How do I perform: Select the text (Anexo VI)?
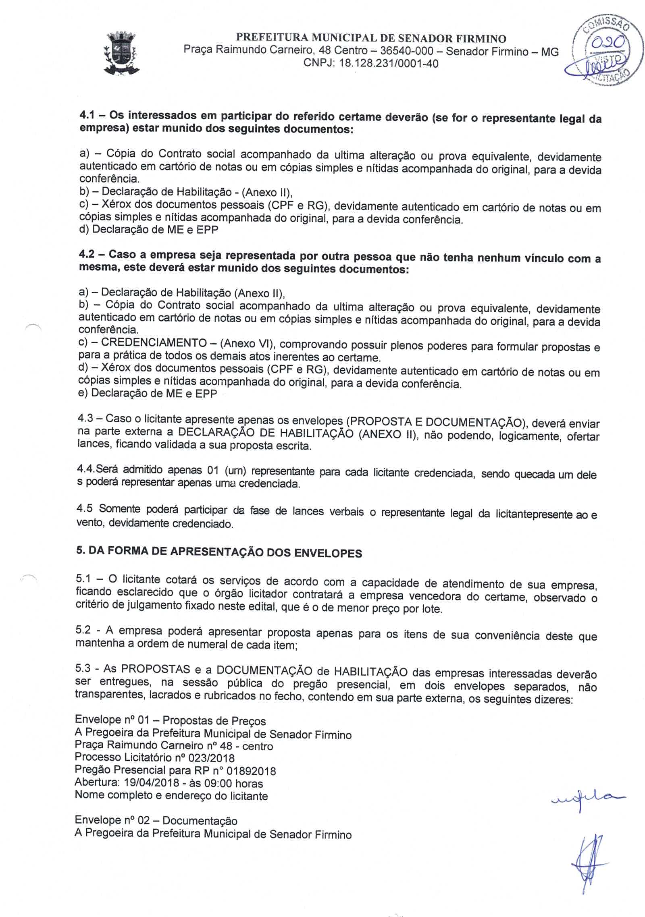point(247,344)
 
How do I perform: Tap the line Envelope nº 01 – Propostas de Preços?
point(170,721)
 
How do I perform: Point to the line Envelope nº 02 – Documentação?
point(156,820)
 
